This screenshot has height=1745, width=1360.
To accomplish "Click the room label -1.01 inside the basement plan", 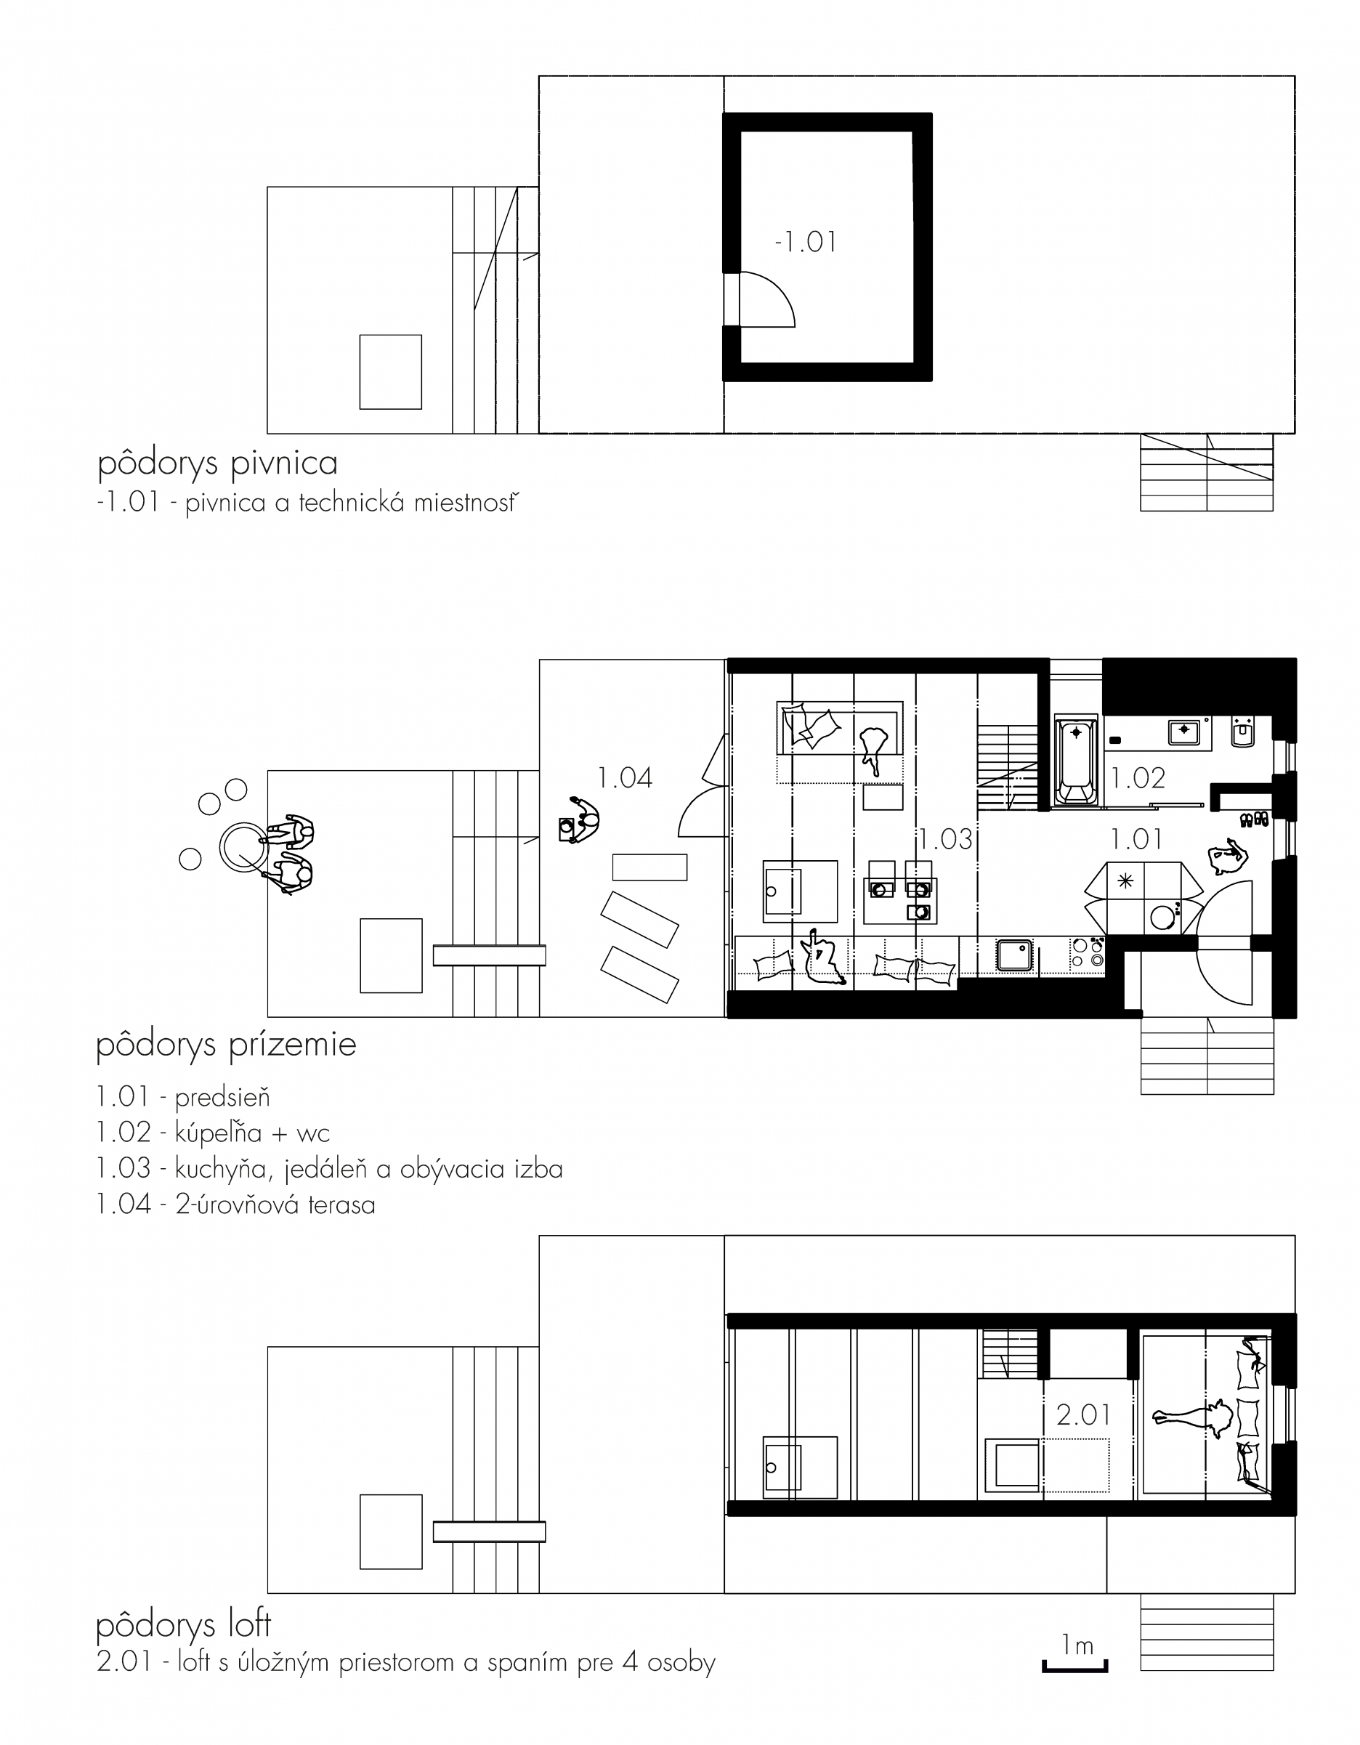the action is coord(806,241).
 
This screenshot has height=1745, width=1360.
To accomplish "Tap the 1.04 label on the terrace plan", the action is coord(625,777).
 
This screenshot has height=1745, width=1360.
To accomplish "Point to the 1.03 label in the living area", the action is coord(945,839).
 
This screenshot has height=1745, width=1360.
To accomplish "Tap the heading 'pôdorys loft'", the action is coord(184,1625).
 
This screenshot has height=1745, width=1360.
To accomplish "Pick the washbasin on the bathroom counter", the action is coord(1184,730).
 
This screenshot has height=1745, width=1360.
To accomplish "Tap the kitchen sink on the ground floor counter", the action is coord(1015,955).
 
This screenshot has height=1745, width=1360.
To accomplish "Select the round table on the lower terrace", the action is coord(241,847).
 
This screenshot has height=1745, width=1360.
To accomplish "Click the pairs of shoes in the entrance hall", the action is coord(1254,819).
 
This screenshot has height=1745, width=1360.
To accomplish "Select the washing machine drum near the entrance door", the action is coord(1162,918).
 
